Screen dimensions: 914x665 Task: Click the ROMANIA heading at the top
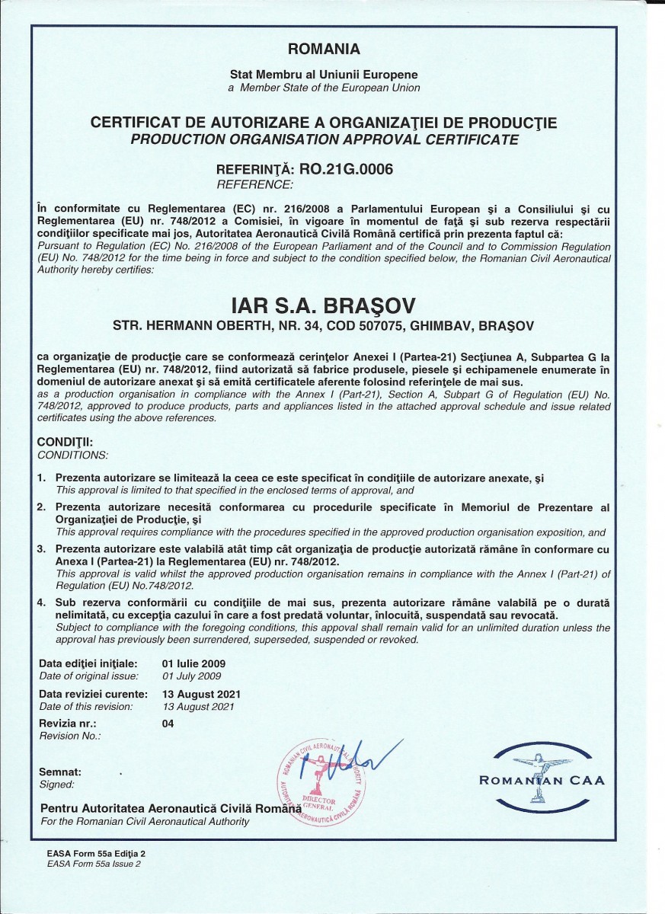(324, 50)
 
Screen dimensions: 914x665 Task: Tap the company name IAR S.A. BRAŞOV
(324, 305)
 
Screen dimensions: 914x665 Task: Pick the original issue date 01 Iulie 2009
(194, 663)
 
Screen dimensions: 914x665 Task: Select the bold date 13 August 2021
(201, 694)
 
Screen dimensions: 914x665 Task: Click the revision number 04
(168, 724)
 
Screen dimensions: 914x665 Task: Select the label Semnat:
(60, 772)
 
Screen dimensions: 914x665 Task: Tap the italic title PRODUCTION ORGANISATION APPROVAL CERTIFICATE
(325, 139)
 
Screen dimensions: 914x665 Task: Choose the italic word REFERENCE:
(254, 184)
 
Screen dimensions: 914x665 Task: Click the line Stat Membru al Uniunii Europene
(324, 75)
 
